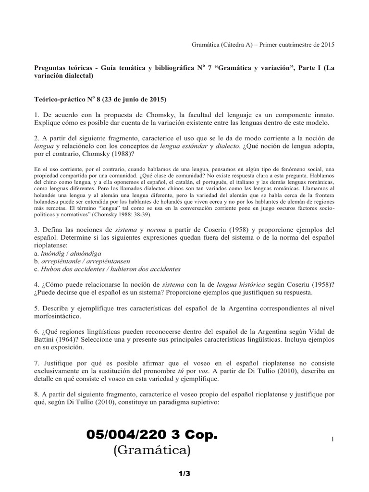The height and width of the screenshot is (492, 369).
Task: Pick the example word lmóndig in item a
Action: [x=48, y=253]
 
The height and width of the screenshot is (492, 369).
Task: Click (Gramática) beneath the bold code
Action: [x=152, y=451]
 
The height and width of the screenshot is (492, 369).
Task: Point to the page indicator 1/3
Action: [x=184, y=474]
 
